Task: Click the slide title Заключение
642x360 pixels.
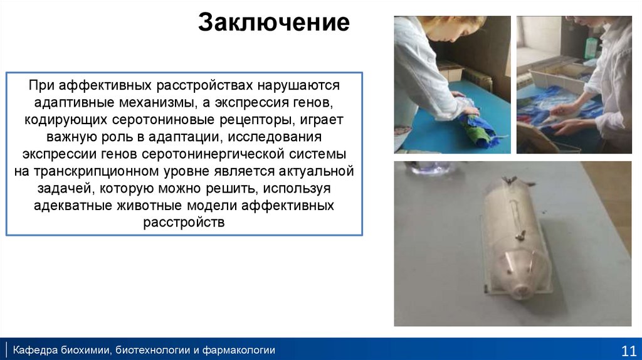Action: point(274,22)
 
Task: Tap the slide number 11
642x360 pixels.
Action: point(629,351)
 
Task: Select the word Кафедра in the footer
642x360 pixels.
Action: point(35,350)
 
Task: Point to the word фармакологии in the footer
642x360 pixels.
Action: point(239,350)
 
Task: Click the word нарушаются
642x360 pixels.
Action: point(298,85)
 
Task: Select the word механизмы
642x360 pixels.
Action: point(157,102)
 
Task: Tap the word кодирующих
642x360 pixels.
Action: point(66,120)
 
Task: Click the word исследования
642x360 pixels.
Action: point(275,137)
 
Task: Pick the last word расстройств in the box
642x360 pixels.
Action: point(184,223)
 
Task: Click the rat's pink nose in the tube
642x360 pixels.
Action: point(521,290)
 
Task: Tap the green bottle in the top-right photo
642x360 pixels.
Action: point(591,48)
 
